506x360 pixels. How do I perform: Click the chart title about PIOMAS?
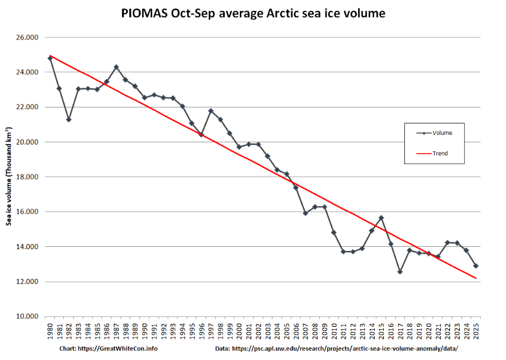(x=253, y=13)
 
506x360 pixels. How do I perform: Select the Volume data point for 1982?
(x=69, y=119)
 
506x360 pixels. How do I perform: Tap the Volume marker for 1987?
(x=116, y=67)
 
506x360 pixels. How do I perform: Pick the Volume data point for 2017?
(x=400, y=271)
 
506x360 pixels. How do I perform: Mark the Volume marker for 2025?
(x=476, y=266)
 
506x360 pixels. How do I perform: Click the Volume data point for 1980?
(x=50, y=58)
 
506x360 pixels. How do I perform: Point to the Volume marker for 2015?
(x=381, y=218)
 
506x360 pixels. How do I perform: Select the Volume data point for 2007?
(x=306, y=213)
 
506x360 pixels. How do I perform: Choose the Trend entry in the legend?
(x=440, y=153)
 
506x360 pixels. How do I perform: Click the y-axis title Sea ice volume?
(x=10, y=177)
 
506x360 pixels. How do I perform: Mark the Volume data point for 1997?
(x=211, y=111)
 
